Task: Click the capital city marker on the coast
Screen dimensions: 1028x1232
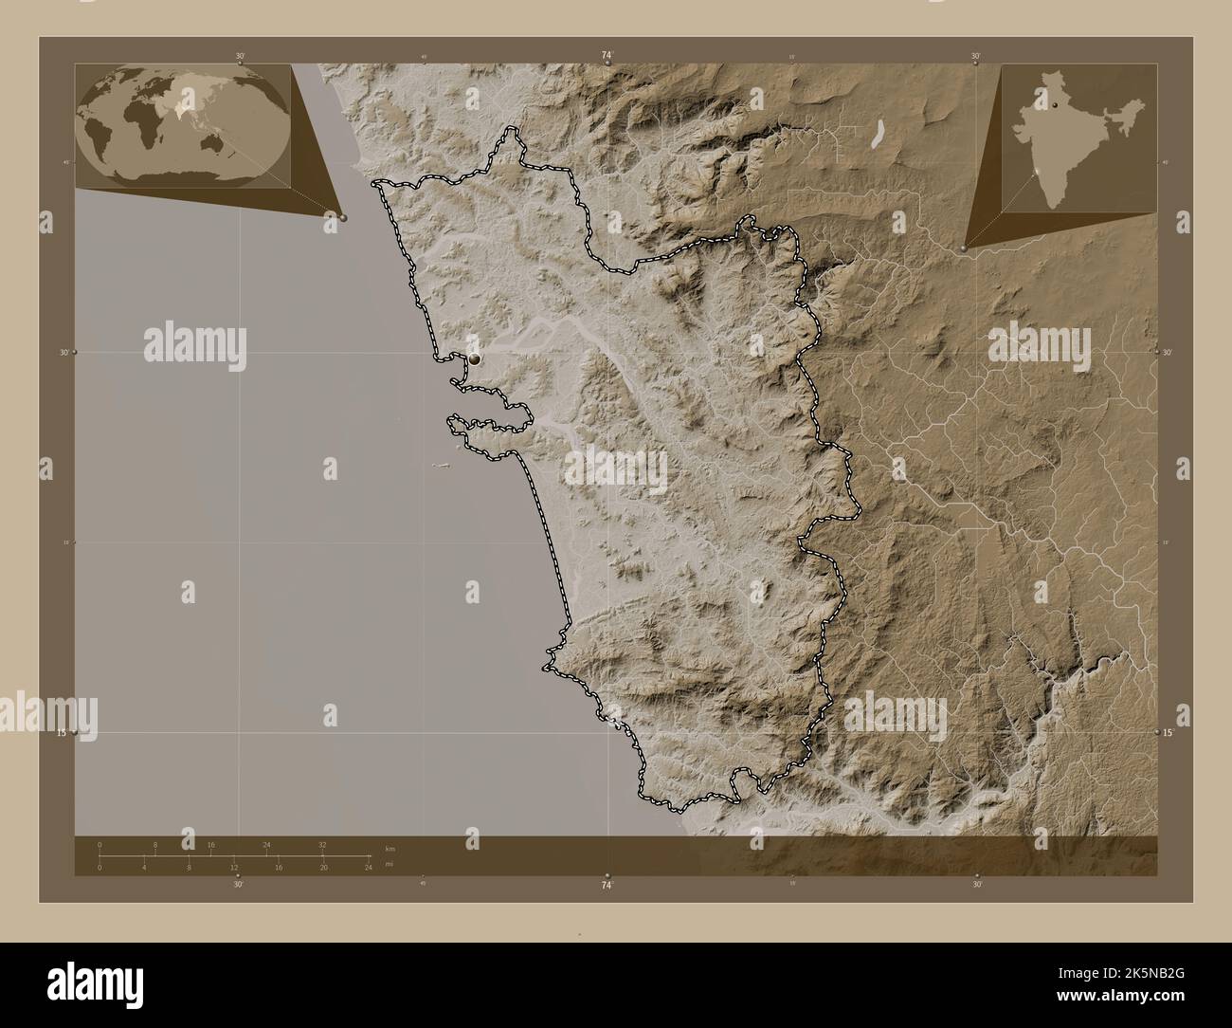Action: (475, 358)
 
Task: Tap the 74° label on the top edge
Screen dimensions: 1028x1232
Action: (607, 56)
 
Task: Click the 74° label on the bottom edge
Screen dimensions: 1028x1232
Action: (607, 885)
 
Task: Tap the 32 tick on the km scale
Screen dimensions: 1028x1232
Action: (322, 844)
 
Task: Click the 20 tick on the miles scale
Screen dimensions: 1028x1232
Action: (324, 868)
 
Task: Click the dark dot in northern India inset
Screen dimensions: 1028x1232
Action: (1052, 106)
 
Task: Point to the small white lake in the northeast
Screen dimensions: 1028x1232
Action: (879, 134)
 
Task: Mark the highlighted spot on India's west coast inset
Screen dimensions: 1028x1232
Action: (1039, 172)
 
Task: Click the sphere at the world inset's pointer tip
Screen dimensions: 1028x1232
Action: (342, 217)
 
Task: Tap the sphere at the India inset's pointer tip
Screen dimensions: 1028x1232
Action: (963, 248)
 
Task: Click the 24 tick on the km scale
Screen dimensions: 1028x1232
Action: (266, 844)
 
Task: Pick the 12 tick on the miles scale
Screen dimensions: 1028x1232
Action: (233, 868)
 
